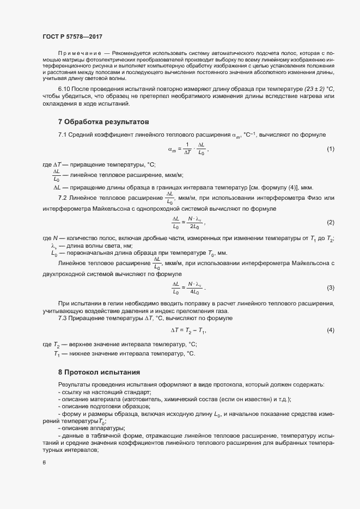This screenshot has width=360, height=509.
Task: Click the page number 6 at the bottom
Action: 44,463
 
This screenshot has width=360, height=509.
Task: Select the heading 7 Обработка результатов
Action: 103,121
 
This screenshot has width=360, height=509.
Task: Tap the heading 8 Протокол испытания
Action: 99,372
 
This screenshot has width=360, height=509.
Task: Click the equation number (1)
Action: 330,149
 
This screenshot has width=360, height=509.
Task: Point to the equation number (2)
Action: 330,223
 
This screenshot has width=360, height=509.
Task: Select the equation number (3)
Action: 330,287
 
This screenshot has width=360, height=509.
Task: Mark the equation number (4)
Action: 330,330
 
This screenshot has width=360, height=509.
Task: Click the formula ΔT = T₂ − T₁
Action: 188,330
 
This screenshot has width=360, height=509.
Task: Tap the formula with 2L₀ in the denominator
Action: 188,223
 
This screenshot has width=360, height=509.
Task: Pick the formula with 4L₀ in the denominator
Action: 188,287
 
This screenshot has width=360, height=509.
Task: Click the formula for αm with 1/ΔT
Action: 187,149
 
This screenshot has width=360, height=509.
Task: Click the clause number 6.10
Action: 65,88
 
